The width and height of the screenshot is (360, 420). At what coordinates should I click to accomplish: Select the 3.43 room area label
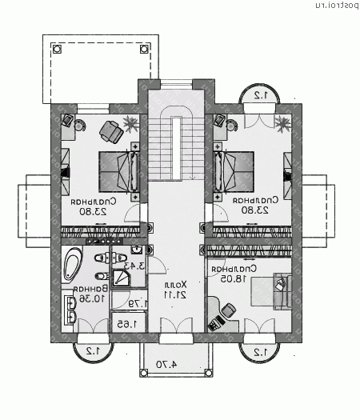135,266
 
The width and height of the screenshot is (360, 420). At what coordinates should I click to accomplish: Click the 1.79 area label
136,303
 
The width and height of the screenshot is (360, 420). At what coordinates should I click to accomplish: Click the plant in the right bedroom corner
283,122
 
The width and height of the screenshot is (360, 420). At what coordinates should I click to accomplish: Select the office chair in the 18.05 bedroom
228,310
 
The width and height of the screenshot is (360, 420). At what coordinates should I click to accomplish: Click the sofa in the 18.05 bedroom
282,291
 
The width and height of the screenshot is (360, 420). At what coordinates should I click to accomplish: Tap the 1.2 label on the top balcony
260,94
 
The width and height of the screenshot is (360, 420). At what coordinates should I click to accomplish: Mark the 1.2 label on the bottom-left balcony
92,350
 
